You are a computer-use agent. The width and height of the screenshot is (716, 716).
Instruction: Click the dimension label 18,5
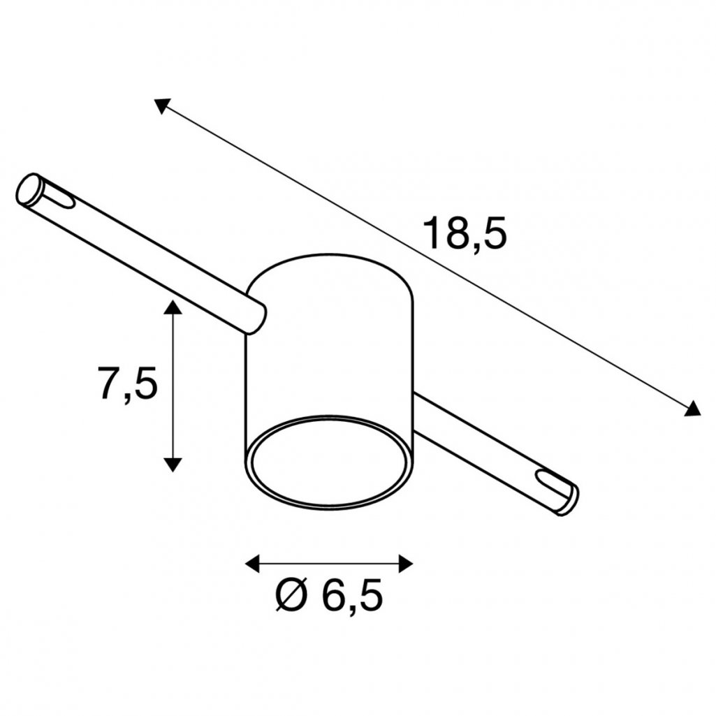[465, 234]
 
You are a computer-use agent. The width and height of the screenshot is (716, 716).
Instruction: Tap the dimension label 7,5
[127, 383]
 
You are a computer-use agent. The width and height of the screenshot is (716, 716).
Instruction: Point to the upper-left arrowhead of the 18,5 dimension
[161, 105]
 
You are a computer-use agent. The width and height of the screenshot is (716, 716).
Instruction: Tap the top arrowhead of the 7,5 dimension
[173, 307]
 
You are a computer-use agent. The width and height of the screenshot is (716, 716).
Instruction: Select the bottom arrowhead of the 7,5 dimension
[173, 465]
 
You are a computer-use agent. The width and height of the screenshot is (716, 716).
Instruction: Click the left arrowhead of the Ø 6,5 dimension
[252, 564]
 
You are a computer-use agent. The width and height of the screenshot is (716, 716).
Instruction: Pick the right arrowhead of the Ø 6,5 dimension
[406, 564]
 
